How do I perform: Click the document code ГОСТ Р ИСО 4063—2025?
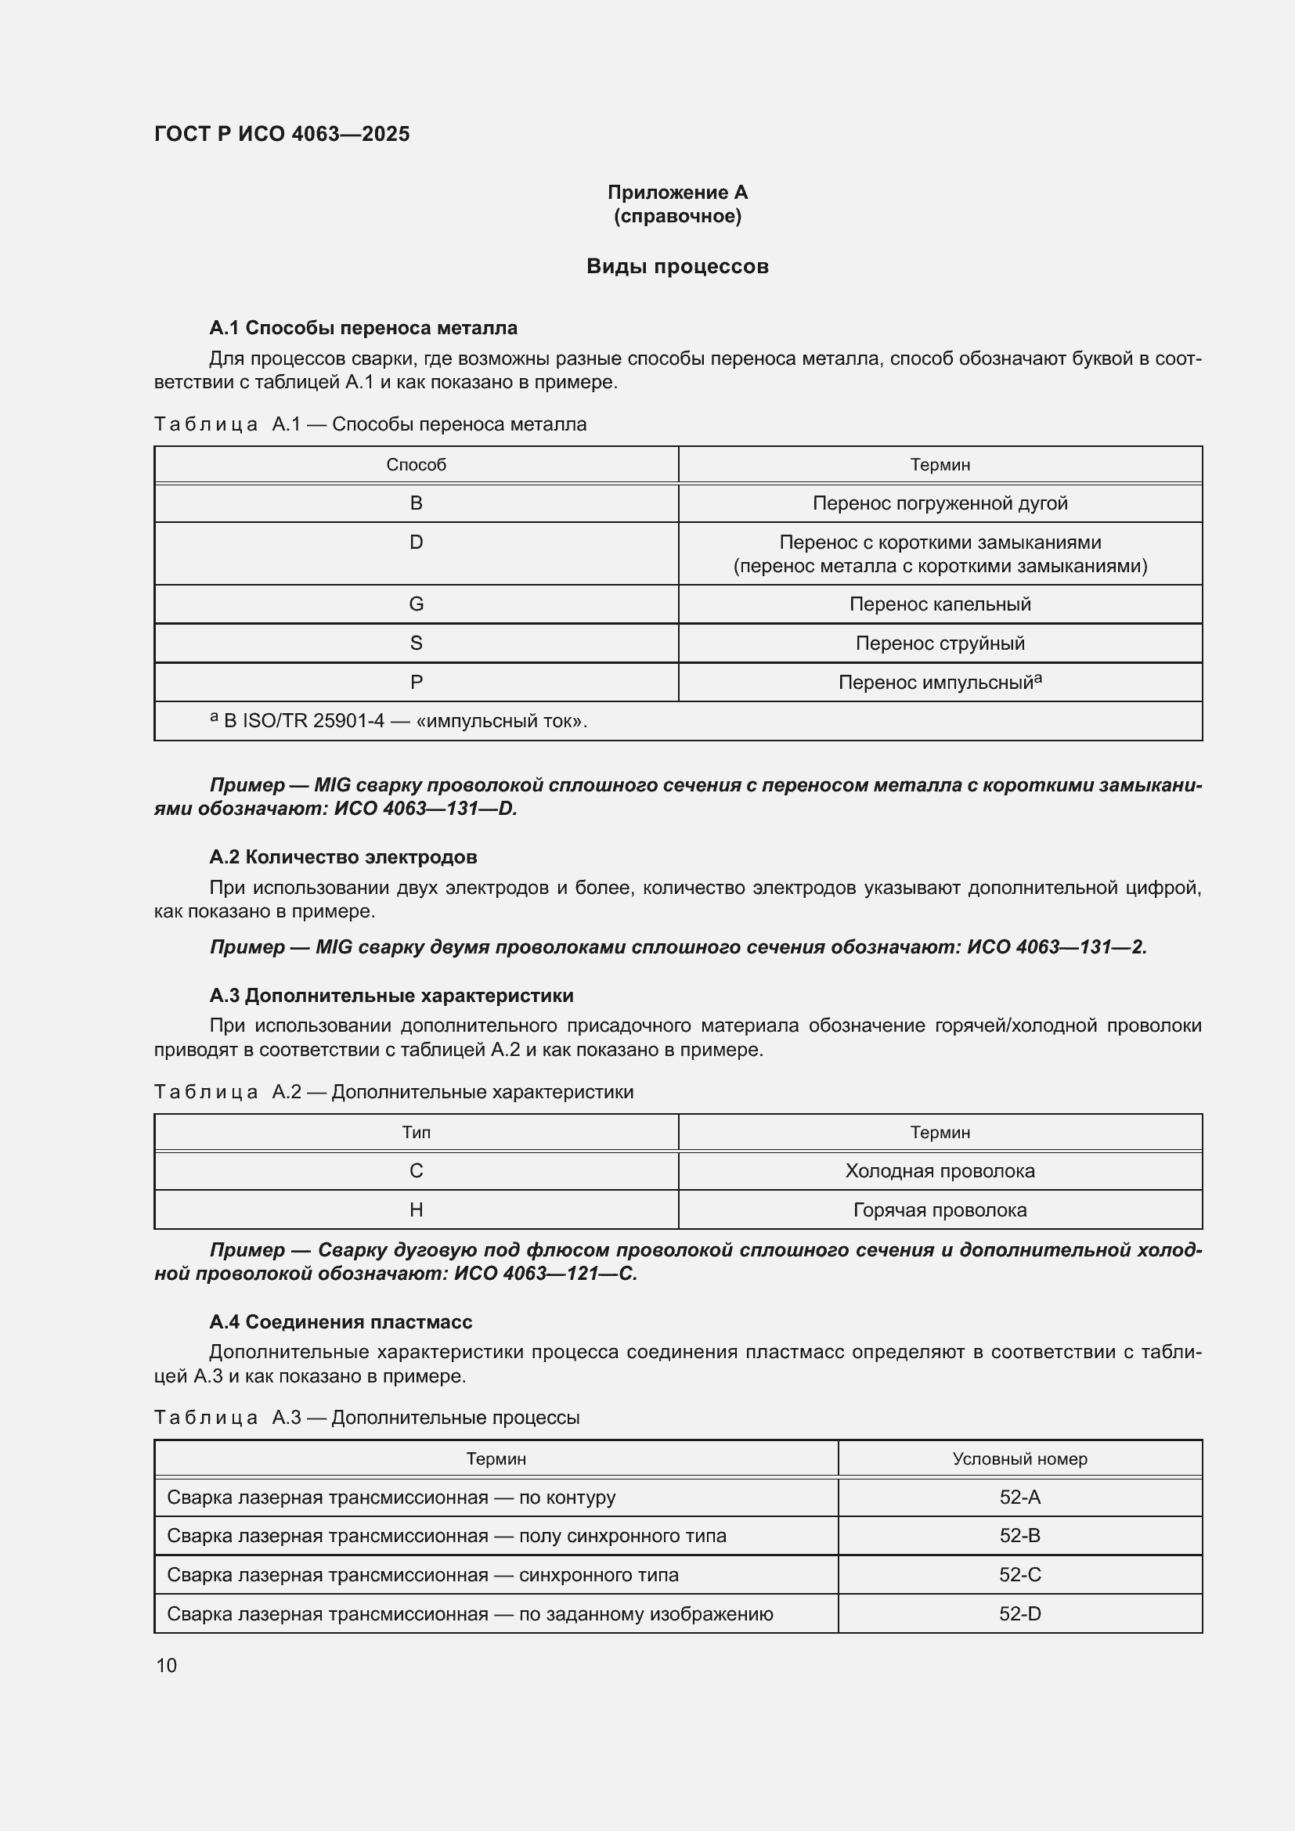coord(282,134)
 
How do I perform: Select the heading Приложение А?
coord(677,193)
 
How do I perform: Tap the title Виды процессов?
coord(677,266)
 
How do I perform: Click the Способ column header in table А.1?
coord(416,465)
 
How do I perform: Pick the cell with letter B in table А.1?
coord(416,503)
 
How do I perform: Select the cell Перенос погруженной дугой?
coord(940,503)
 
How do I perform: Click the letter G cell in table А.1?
coord(416,604)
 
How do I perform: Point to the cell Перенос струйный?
coord(940,643)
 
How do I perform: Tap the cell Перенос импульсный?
coord(940,683)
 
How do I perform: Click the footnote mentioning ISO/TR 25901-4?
coord(399,721)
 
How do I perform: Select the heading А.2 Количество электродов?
coord(343,857)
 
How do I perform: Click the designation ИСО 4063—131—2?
coord(1055,947)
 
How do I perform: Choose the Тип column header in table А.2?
coord(416,1133)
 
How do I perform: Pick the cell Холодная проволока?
coord(940,1172)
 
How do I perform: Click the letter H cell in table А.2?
coord(416,1210)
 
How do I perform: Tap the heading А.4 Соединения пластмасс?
coord(341,1322)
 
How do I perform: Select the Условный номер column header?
coord(1019,1459)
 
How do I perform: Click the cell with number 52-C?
coord(1019,1575)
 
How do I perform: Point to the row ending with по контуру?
coord(391,1498)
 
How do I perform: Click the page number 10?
coord(167,1665)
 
